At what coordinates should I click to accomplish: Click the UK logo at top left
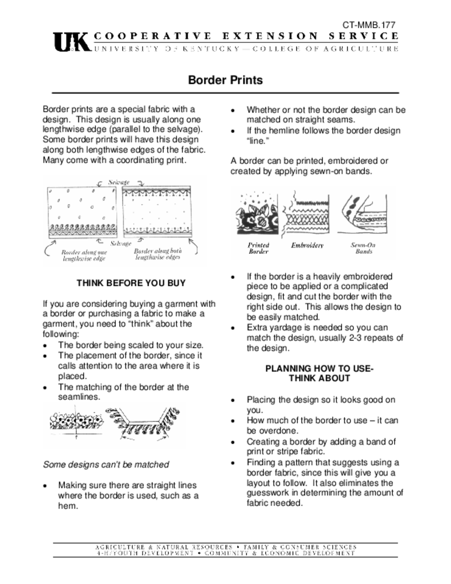(71, 42)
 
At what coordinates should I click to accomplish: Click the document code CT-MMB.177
(369, 26)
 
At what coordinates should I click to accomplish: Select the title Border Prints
(225, 80)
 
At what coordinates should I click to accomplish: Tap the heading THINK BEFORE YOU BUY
(131, 283)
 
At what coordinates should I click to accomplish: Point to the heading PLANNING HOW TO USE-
(319, 368)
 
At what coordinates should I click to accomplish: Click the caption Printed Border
(258, 248)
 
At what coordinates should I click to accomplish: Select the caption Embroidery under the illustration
(307, 245)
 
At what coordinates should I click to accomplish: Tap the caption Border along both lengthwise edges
(158, 254)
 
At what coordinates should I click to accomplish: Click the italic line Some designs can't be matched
(106, 464)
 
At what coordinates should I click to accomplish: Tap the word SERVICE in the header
(364, 36)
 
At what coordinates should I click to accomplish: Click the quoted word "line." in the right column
(258, 141)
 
